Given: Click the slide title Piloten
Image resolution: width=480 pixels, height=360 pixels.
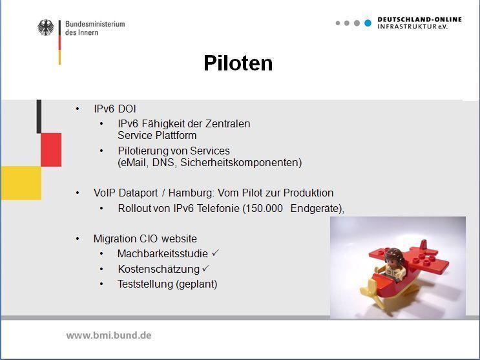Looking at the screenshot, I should click(x=238, y=63).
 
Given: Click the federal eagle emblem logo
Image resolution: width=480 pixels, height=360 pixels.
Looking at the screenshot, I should click(x=46, y=28).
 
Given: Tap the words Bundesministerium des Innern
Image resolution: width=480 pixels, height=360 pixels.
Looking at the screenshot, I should click(x=94, y=28).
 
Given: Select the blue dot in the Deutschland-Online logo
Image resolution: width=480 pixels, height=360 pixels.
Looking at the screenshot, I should click(x=368, y=23).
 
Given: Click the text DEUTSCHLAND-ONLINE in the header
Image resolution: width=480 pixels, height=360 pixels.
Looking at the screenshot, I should click(x=419, y=19).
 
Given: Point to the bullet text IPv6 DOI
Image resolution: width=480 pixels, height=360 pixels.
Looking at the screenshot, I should click(x=114, y=109).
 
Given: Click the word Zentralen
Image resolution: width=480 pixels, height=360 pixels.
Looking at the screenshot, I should click(x=228, y=123).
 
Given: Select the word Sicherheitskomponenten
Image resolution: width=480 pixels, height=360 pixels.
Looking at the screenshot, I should click(x=247, y=163).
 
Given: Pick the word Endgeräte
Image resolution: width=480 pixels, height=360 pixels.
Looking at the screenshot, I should click(x=316, y=209).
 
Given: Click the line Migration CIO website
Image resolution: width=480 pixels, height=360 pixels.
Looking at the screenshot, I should click(x=145, y=238).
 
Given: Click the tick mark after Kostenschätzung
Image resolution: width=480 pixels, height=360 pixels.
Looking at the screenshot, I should click(x=206, y=268).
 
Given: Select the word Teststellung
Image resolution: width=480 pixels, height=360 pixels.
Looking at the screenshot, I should click(x=145, y=284).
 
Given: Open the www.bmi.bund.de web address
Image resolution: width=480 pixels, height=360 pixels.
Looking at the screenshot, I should click(x=109, y=335).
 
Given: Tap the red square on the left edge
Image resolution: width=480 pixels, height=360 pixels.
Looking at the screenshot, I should click(x=51, y=149).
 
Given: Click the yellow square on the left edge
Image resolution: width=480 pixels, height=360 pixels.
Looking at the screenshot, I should click(x=21, y=183).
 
